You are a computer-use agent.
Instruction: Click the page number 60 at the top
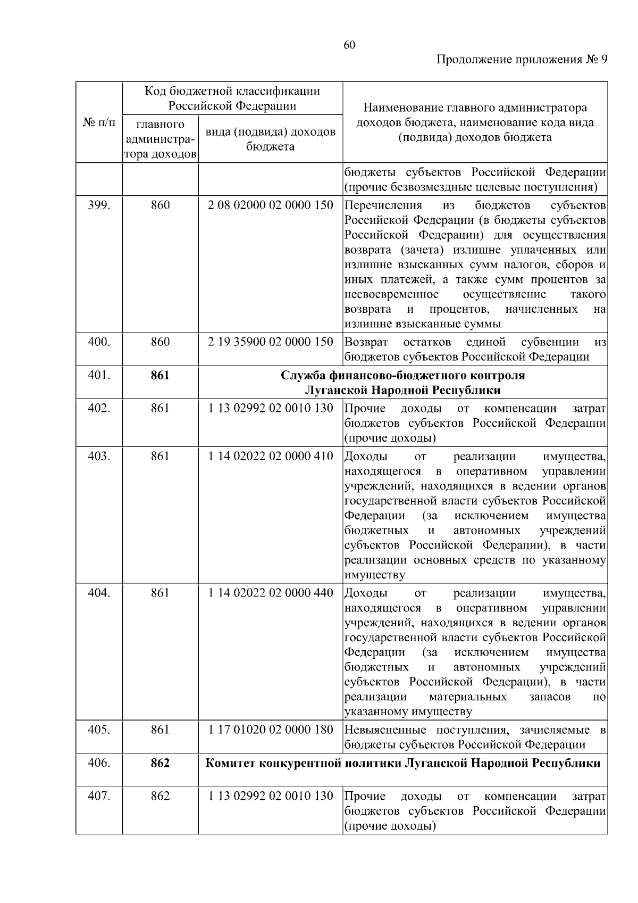point(349,45)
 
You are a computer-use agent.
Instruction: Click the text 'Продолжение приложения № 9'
point(521,60)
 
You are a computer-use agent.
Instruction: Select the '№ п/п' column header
point(99,123)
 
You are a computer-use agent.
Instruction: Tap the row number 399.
point(99,205)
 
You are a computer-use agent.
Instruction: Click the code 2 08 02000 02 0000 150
point(271,205)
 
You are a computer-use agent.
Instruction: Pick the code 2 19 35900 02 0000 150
point(271,342)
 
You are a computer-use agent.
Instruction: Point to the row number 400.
point(99,342)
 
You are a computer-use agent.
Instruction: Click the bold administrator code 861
point(159,375)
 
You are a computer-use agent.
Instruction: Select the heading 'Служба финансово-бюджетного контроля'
point(402,375)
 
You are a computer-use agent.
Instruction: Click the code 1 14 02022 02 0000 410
point(271,456)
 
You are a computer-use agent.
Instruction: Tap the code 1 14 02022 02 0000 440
point(271,593)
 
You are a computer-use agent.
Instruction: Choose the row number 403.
point(99,456)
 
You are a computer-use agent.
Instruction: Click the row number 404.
point(99,593)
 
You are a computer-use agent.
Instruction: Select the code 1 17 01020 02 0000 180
point(271,730)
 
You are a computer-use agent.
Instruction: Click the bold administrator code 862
point(159,763)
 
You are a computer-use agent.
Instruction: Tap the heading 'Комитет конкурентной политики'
point(304,763)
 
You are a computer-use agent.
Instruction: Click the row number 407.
point(99,796)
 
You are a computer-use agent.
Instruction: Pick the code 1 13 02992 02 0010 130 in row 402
point(271,408)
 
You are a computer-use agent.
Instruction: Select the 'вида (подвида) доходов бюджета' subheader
point(271,139)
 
